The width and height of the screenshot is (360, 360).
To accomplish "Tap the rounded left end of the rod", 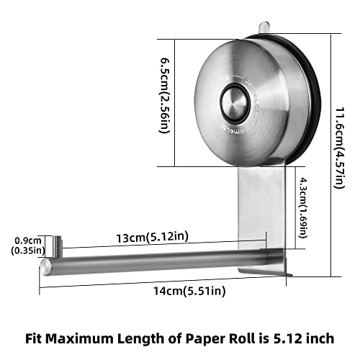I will [x=45, y=269].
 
